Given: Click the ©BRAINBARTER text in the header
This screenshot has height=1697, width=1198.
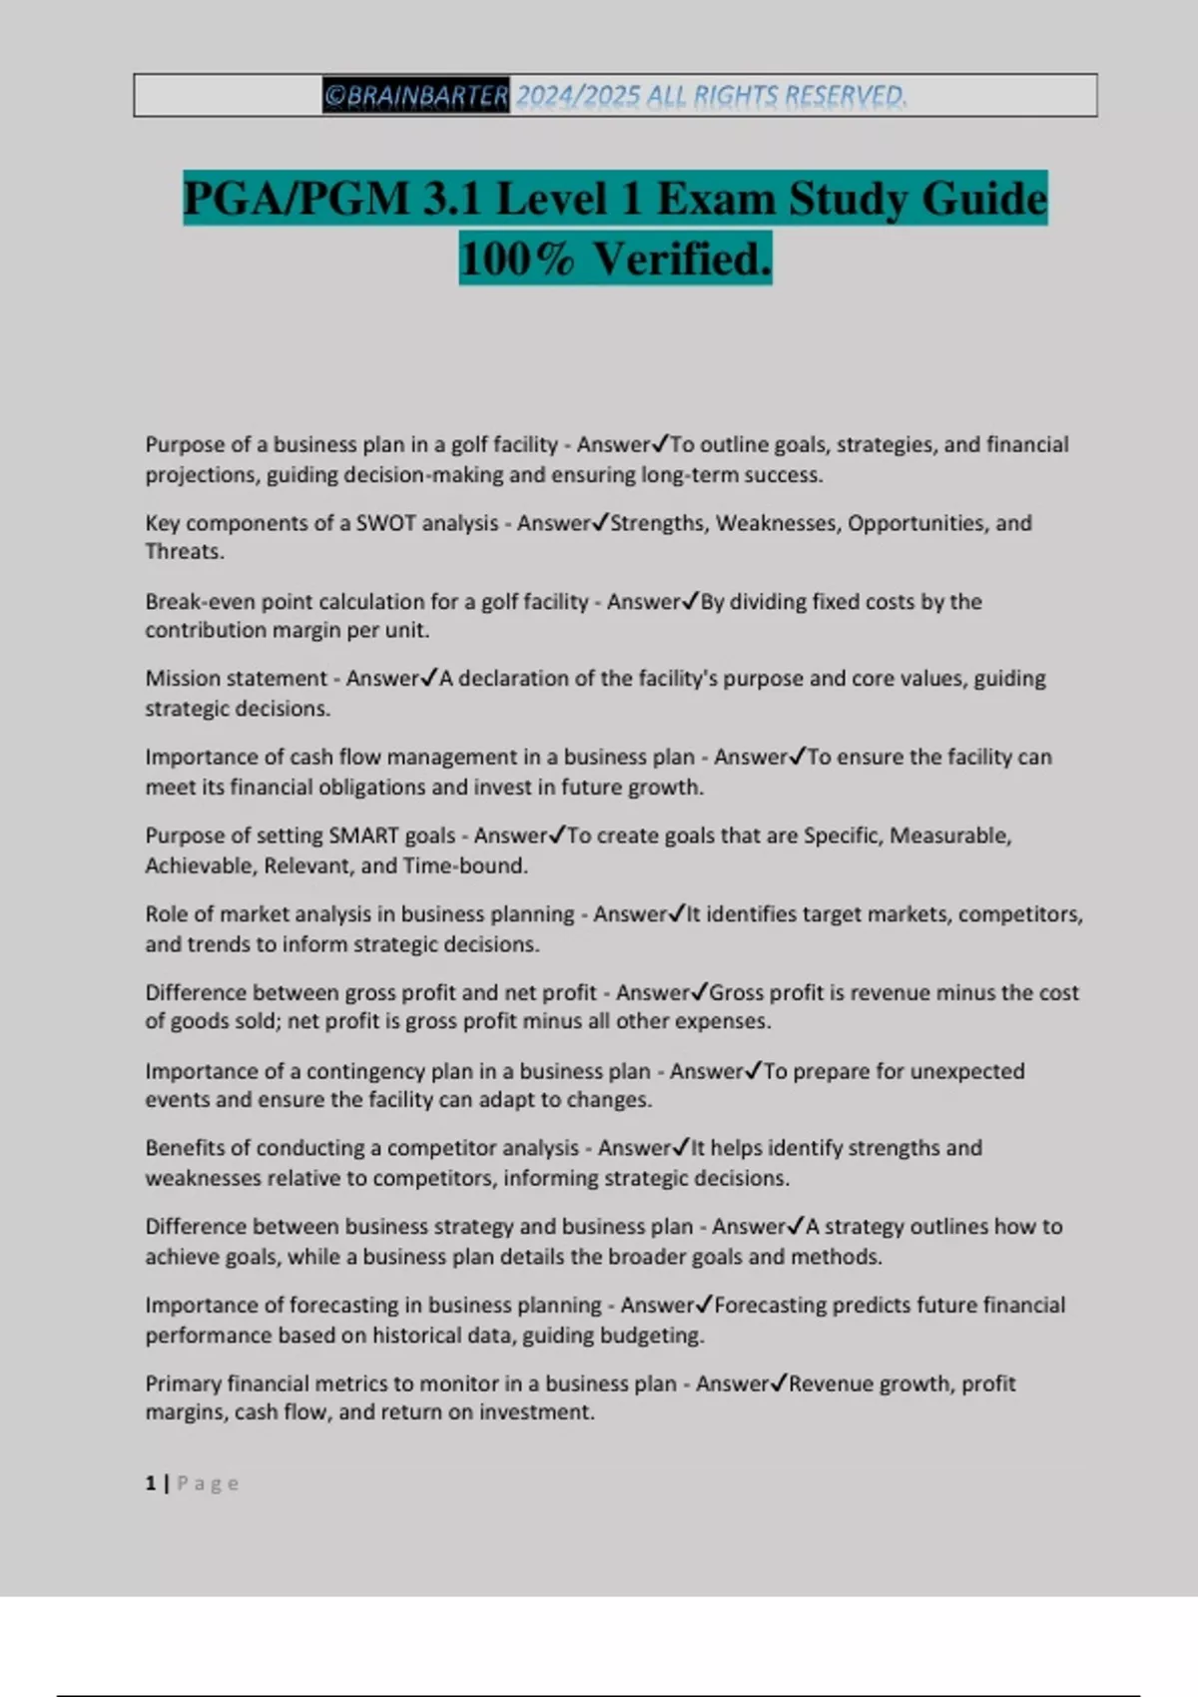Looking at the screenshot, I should (415, 96).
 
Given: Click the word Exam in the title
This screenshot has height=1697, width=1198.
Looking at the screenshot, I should (715, 199).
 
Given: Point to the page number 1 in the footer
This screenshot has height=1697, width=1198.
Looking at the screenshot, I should (151, 1483).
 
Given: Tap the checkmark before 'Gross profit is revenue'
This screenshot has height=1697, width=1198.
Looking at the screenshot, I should (699, 992).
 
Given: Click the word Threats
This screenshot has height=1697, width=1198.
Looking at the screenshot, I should (182, 552).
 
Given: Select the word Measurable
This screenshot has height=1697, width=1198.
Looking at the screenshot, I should (948, 836).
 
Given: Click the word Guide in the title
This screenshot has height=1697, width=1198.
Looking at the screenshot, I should (983, 199).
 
